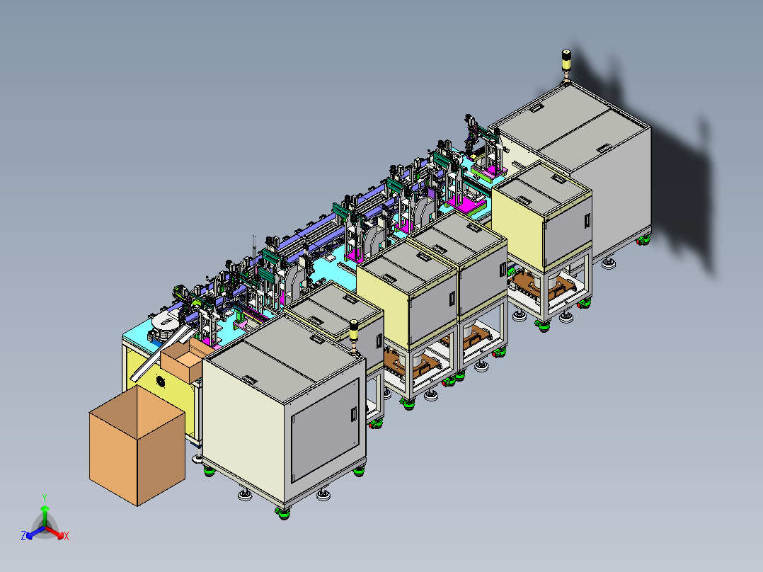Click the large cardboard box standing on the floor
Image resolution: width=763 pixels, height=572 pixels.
click(137, 445)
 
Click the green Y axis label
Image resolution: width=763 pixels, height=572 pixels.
click(45, 498)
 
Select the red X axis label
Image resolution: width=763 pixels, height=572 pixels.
click(67, 536)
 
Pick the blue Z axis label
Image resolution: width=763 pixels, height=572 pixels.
click(23, 536)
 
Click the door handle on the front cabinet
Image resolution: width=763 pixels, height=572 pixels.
click(354, 414)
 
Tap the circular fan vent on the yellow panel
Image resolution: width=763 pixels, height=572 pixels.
click(161, 382)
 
